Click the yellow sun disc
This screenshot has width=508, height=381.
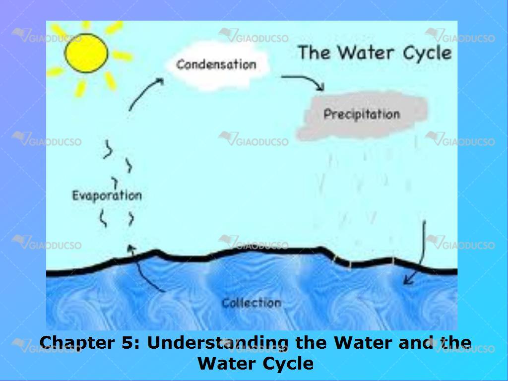coord(86,53)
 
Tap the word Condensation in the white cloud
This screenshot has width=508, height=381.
coord(216,64)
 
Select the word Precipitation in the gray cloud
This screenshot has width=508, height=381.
coord(362,114)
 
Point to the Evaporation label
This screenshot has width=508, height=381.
coord(107,195)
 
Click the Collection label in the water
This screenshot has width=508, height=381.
coord(252,303)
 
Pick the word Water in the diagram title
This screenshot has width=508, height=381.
coord(366,53)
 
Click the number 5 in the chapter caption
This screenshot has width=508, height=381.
coord(127,342)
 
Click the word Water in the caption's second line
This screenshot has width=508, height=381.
coord(229,364)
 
